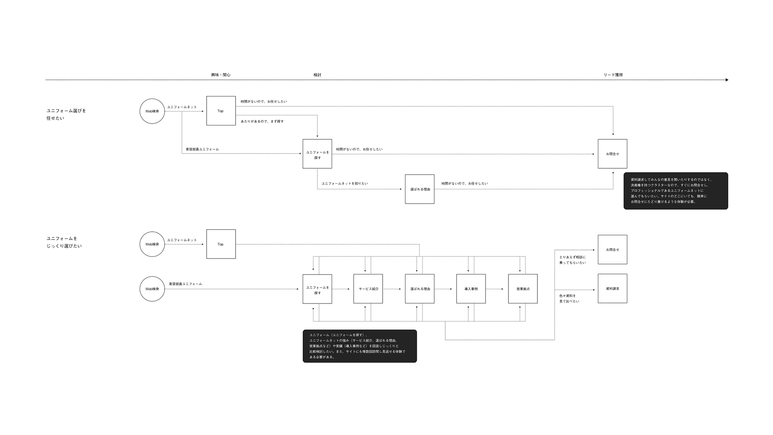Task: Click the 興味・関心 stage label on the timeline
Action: click(x=220, y=75)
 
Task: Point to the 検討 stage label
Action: click(x=317, y=75)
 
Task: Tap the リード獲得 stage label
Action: click(x=613, y=75)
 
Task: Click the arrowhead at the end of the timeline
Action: click(x=727, y=80)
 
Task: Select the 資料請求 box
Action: click(x=612, y=288)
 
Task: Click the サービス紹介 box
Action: click(x=368, y=289)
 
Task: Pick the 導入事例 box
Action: click(x=471, y=289)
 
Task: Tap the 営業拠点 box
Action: click(x=523, y=289)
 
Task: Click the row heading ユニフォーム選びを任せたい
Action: click(x=66, y=114)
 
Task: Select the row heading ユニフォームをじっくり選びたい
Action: click(x=64, y=242)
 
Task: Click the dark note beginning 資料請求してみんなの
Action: click(x=675, y=191)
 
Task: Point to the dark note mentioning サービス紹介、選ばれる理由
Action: click(x=360, y=346)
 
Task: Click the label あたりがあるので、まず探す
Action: click(x=262, y=122)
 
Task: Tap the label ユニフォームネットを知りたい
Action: click(x=345, y=183)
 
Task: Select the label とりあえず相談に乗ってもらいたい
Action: click(x=572, y=260)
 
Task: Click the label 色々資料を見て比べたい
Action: click(x=569, y=298)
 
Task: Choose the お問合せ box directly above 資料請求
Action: click(x=612, y=249)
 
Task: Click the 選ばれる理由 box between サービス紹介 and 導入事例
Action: click(x=419, y=289)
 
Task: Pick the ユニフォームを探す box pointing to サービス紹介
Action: click(x=317, y=289)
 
